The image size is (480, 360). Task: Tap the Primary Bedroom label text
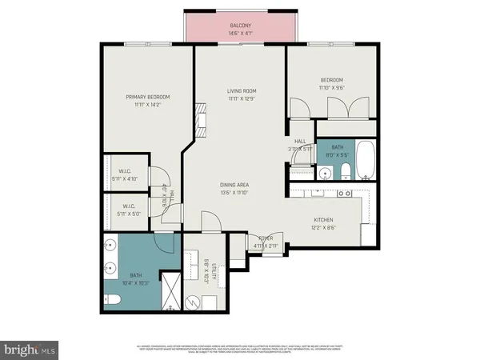coord(147,97)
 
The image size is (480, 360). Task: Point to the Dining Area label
coord(234,186)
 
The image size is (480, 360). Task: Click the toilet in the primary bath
coord(113,300)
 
